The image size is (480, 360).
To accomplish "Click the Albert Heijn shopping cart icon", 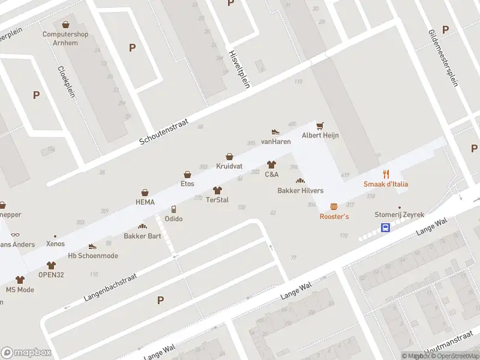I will coord(320,125).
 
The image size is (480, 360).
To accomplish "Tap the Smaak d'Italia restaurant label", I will coord(386,184).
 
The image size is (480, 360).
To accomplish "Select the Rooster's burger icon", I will coord(334,206).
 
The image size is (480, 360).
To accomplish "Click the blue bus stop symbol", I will coord(385,227).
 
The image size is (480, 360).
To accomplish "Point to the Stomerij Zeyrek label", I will coord(399,214).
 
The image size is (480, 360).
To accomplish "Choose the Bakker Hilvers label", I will coord(300,191).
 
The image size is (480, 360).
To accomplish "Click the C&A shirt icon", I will coord(271,164).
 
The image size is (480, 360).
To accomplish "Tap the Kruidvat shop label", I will coord(229,165).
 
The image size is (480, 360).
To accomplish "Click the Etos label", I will coord(188,184).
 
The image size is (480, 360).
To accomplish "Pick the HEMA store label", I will coord(145,202).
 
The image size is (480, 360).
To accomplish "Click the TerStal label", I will coord(217,200).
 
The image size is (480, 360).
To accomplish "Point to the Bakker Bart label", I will coord(142,236).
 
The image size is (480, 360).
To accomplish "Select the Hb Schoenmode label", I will coord(93,256).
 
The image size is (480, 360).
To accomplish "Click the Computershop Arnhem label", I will coord(65,38).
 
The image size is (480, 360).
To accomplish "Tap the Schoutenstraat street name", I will coord(164,131).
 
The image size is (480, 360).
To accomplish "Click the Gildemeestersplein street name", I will coord(444,58).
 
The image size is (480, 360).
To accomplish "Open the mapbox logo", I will coord(26,353).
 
